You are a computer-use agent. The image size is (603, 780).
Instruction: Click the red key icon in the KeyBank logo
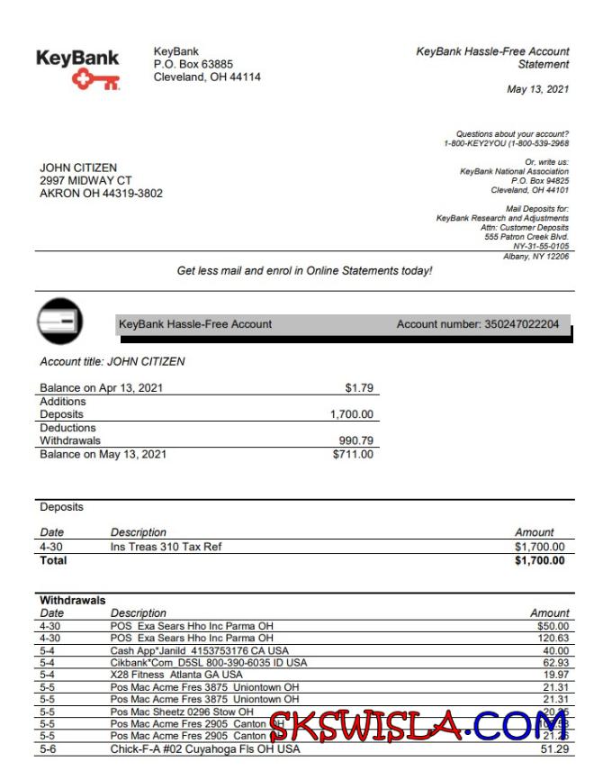(x=96, y=81)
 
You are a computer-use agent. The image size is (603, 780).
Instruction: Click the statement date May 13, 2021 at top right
(x=538, y=88)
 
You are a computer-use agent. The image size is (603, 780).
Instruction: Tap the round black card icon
(x=60, y=321)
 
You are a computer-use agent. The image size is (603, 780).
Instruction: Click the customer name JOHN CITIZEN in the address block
(x=78, y=168)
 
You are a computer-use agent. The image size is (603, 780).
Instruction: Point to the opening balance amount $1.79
(x=359, y=389)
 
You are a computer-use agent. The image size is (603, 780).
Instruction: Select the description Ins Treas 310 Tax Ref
(x=166, y=547)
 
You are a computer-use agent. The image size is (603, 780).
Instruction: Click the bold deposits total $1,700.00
(x=540, y=560)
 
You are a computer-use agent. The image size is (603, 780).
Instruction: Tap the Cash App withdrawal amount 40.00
(x=554, y=650)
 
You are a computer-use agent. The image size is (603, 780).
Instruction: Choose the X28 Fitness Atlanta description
(x=176, y=674)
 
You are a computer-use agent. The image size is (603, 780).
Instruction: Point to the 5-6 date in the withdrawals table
(x=49, y=749)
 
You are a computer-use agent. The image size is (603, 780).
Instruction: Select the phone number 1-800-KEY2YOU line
(x=506, y=143)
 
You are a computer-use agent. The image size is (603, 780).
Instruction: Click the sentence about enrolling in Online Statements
(x=304, y=270)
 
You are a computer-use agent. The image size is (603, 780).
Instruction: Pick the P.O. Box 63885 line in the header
(x=193, y=65)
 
